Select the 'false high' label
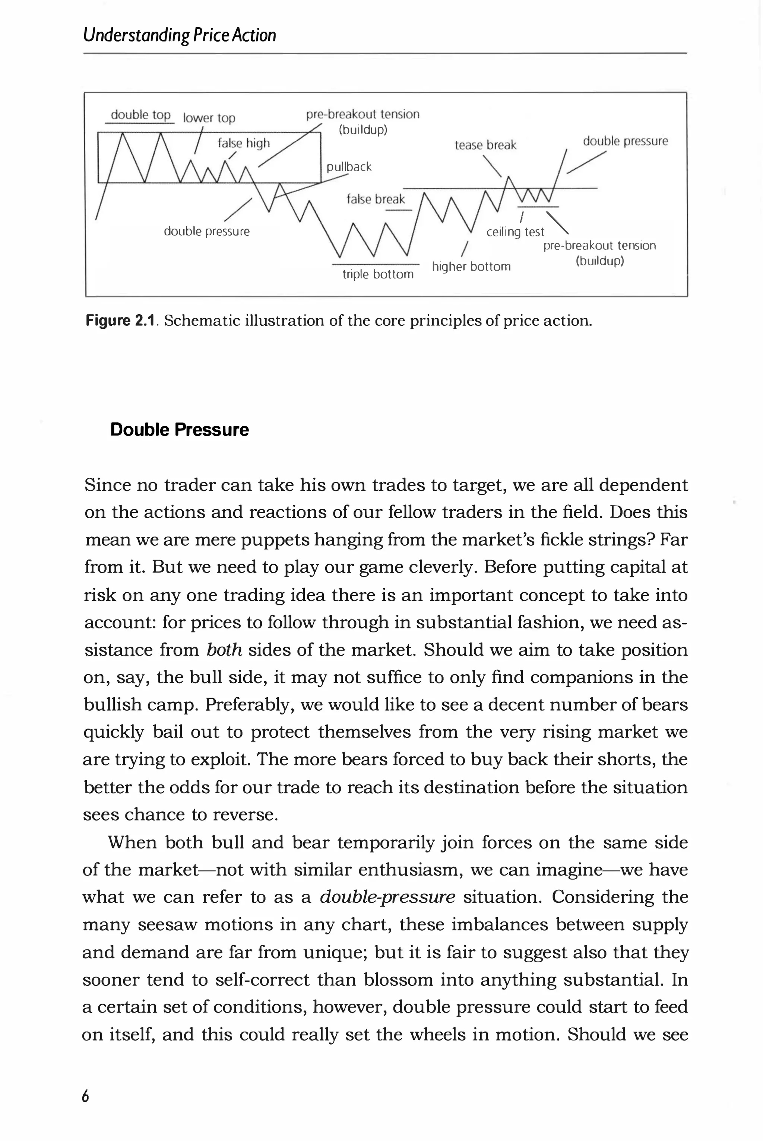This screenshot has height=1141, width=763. (x=243, y=143)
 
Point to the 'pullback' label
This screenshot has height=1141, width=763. (x=349, y=167)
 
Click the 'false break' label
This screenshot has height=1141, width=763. (x=375, y=199)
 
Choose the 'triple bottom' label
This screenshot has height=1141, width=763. (x=378, y=274)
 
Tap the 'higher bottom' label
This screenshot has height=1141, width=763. (x=471, y=267)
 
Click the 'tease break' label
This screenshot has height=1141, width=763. (x=485, y=145)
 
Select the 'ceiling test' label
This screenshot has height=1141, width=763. (x=515, y=232)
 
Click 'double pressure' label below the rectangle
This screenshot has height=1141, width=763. (x=206, y=232)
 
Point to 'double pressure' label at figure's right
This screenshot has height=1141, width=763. (x=625, y=141)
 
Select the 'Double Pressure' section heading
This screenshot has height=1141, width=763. (x=179, y=430)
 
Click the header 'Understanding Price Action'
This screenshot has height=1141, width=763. (x=180, y=35)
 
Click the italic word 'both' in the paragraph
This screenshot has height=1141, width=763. (x=224, y=650)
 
